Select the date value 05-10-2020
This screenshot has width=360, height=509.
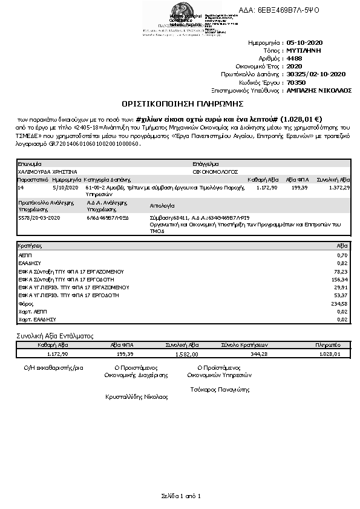coord(305,43)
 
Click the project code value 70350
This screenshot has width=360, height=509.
coord(296,82)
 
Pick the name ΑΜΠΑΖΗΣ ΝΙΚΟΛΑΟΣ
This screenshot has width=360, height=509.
coord(319,90)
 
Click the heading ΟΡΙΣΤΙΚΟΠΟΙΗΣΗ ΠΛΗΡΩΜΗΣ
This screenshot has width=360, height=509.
coord(180,104)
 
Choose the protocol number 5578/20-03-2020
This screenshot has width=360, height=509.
coord(39,216)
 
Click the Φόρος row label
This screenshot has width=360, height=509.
coord(26,303)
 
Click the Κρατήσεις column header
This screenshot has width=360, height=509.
coord(30,247)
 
